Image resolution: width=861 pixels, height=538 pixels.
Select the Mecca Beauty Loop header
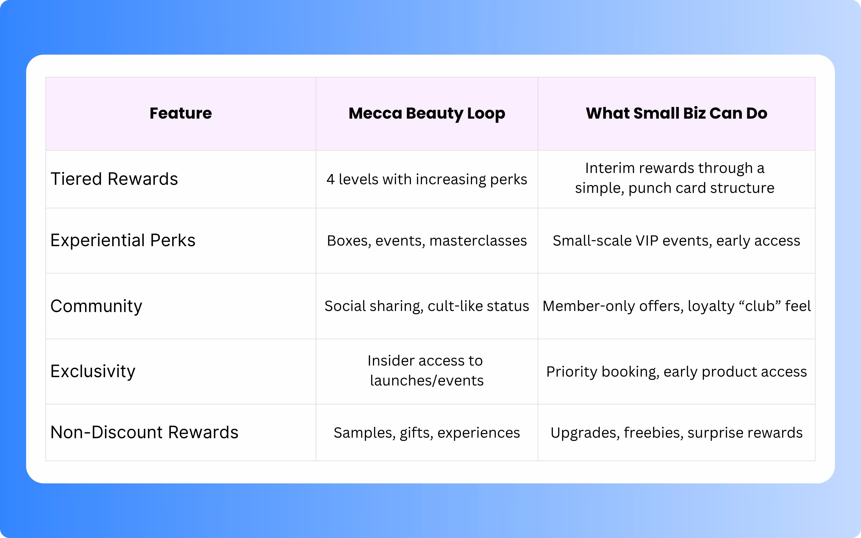click(x=426, y=114)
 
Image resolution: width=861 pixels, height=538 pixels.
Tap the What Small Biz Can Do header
click(x=676, y=114)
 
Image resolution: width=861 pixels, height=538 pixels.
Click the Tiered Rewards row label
click(x=114, y=179)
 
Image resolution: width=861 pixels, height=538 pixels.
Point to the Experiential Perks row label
click(x=123, y=240)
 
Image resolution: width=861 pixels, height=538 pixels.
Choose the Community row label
click(x=96, y=306)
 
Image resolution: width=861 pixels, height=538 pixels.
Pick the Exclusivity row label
click(x=93, y=371)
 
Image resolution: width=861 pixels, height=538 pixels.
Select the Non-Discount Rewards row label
click(x=144, y=433)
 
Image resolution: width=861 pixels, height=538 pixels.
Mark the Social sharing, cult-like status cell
click(x=426, y=306)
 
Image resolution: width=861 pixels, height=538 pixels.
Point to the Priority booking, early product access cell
click(x=676, y=372)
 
